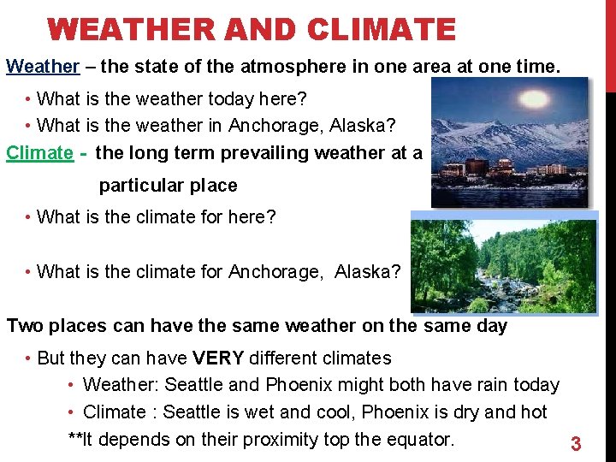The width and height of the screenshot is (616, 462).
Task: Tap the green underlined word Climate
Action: (x=39, y=152)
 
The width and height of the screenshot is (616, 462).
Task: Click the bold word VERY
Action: (x=216, y=358)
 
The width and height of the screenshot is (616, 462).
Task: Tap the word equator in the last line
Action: (x=417, y=440)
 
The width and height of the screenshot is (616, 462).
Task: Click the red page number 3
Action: (x=576, y=444)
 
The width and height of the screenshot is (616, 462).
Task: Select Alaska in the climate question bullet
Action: (x=367, y=272)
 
